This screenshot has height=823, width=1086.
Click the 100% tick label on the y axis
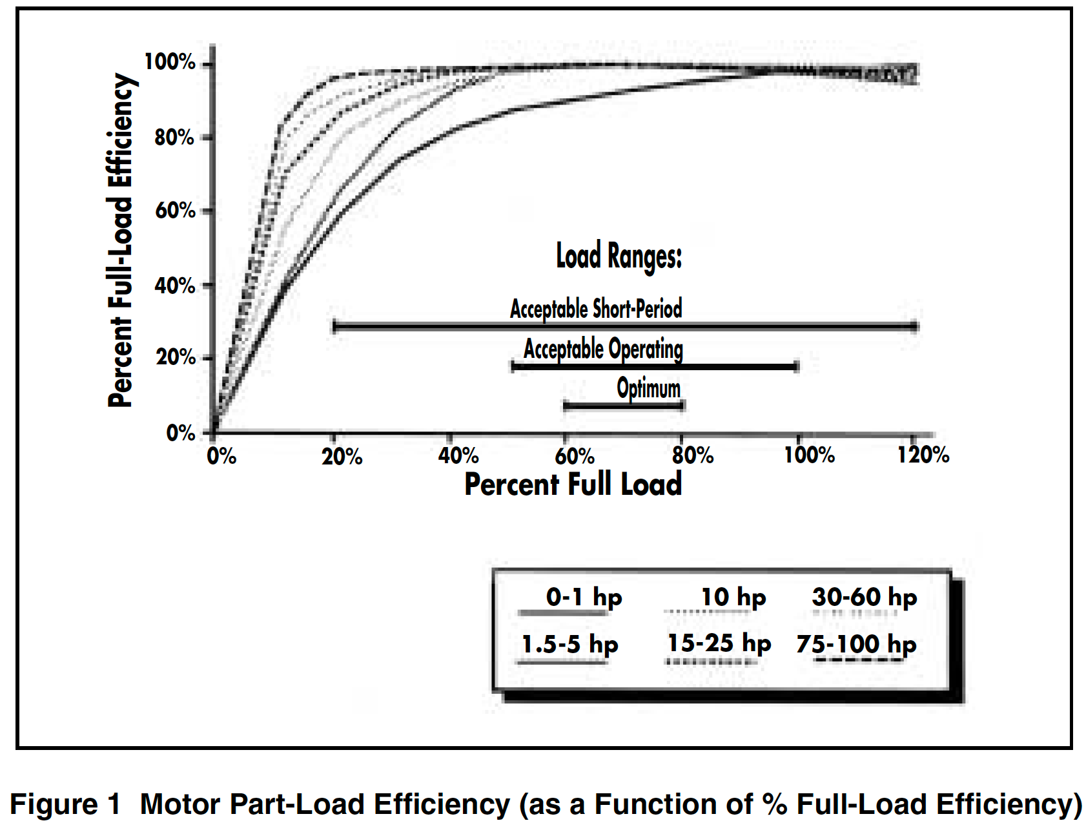[x=170, y=62]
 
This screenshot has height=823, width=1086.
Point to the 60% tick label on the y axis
[x=175, y=211]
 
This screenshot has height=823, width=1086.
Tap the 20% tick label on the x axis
[x=342, y=456]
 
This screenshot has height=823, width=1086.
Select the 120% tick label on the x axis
[x=923, y=455]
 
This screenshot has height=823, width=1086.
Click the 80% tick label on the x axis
[x=692, y=455]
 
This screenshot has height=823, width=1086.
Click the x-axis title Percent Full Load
[x=573, y=484]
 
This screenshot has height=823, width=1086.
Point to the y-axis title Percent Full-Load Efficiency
[x=121, y=240]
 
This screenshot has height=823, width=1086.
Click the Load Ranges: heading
[x=619, y=256]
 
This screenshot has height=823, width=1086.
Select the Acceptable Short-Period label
[x=596, y=309]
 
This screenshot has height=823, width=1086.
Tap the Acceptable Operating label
[x=603, y=349]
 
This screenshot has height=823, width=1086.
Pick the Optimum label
[x=648, y=388]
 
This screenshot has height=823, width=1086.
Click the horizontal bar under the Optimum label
[x=624, y=406]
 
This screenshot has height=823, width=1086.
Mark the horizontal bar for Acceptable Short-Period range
[x=624, y=327]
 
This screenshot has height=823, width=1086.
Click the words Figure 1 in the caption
[x=65, y=804]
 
